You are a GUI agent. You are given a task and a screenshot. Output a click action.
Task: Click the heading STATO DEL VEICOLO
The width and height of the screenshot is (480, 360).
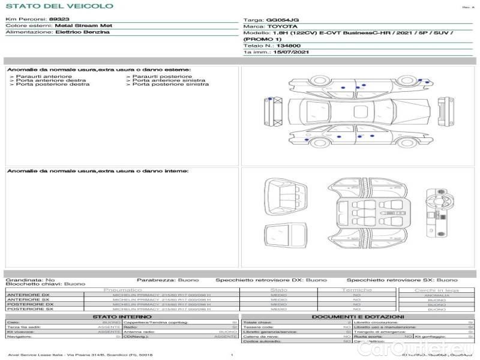(59, 6)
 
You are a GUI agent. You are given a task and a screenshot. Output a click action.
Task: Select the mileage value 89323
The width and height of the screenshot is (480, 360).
(59, 19)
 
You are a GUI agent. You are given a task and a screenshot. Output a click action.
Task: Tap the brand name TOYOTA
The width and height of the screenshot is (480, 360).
(282, 27)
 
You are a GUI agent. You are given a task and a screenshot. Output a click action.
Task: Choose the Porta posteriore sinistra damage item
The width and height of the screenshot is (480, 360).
(170, 85)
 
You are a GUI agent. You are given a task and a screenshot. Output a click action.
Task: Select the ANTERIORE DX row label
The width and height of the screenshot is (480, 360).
(28, 295)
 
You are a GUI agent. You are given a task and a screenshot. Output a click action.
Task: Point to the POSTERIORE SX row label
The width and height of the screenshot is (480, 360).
(29, 309)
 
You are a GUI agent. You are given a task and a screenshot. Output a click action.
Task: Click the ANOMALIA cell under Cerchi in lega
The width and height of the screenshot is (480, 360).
(436, 295)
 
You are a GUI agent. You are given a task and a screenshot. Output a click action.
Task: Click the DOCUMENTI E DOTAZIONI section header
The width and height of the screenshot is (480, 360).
(358, 316)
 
